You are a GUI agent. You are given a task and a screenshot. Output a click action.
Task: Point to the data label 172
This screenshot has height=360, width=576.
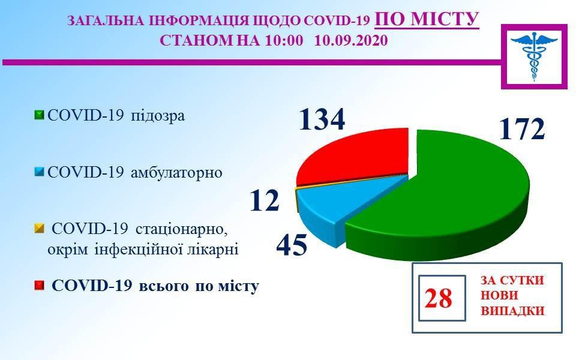coord(521,130)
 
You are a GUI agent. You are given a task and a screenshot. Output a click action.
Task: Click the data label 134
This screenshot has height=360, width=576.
coord(322,119)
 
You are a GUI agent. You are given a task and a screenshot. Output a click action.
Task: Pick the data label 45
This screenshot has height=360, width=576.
coord(292,245)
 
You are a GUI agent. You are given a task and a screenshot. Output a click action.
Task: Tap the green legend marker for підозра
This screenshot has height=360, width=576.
coord(40,115)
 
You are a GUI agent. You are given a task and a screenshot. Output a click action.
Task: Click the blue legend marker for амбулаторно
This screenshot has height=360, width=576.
coord(40,172)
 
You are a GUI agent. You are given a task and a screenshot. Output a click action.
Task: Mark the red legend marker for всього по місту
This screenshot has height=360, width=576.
coord(40,286)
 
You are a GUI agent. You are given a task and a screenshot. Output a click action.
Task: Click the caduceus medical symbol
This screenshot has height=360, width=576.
coord(535,56)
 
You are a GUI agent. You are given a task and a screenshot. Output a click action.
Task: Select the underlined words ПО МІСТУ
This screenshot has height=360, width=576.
coord(427,19)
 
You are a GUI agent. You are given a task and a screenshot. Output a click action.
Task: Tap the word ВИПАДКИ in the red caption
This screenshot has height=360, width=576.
coord(512,311)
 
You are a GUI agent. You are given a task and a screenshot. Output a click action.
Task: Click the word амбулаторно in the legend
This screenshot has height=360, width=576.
coord(176,172)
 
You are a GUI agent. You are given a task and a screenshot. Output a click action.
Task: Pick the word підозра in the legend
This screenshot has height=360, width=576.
coord(158,116)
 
